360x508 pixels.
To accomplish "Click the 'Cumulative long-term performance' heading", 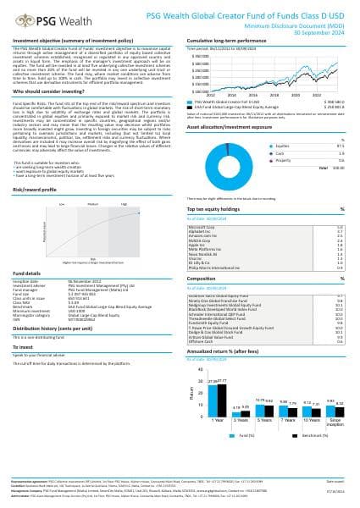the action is [x=228, y=41].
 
